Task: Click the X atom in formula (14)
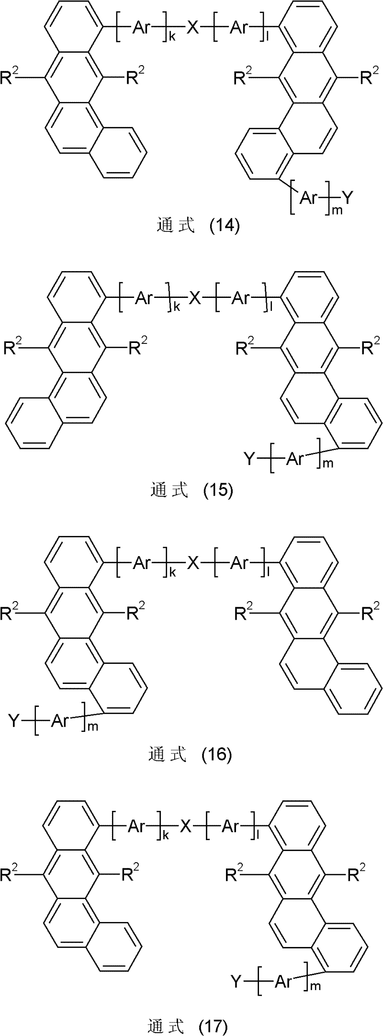coord(192,30)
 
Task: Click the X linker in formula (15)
coord(193,299)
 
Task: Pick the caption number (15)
coord(218,490)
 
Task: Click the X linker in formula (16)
coord(192,564)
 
